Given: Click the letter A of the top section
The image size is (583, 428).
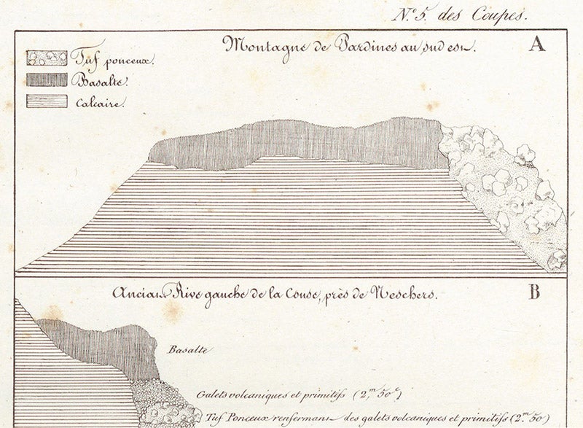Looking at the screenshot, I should coord(537,44).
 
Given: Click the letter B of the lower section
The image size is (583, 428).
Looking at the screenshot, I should coord(534,292).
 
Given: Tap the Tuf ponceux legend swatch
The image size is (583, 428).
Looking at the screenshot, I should coord(47,58).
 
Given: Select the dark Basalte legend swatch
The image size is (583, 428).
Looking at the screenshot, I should coord(47,79).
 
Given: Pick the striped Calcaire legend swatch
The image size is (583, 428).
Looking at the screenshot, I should coord(47,101).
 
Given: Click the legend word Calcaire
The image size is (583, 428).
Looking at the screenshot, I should coord(101,103).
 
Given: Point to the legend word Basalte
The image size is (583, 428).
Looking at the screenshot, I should coord(99,81).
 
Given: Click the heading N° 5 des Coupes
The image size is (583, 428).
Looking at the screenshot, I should coord(458,14).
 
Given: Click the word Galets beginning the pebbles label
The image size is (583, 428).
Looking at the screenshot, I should coord(211,394).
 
